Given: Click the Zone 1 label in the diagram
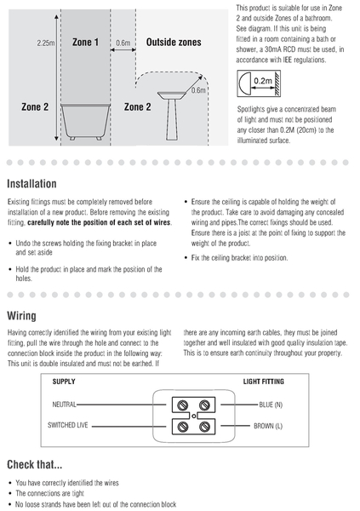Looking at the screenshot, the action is click(85, 42).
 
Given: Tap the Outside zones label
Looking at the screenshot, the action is click(174, 42).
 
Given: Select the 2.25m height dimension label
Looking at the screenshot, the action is click(46, 43).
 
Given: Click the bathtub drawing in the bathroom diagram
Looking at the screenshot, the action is click(85, 122).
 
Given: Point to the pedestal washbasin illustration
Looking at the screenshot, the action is click(172, 115).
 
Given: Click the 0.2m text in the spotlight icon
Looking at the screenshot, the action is click(263, 81).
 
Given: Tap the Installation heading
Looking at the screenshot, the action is click(31, 184).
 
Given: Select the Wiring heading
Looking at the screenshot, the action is click(21, 316).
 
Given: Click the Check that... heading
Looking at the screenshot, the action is click(35, 464).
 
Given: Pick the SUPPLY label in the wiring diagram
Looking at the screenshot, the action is click(64, 382).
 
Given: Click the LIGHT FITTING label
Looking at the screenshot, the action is click(264, 382).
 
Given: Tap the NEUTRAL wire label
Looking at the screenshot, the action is click(64, 405).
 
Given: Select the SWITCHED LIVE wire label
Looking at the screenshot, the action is click(68, 425).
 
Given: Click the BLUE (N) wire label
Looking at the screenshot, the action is click(271, 405).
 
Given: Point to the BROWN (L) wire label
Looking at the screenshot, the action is click(268, 426).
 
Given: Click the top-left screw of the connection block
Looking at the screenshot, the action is click(183, 405).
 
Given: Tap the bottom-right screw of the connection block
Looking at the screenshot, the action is click(204, 427).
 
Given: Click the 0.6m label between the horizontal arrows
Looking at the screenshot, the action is click(123, 43).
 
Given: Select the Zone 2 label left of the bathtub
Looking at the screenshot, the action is click(35, 107).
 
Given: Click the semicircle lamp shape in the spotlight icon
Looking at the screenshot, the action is click(245, 83).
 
